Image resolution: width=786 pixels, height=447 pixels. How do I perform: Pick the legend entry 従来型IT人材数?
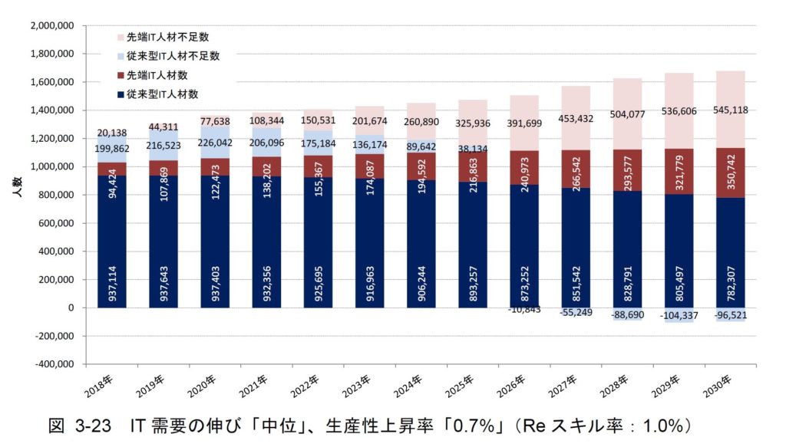[x=163, y=94]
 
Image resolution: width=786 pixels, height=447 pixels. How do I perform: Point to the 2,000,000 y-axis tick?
[x=51, y=25]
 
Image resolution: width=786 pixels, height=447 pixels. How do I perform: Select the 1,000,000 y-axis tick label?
[x=51, y=166]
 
